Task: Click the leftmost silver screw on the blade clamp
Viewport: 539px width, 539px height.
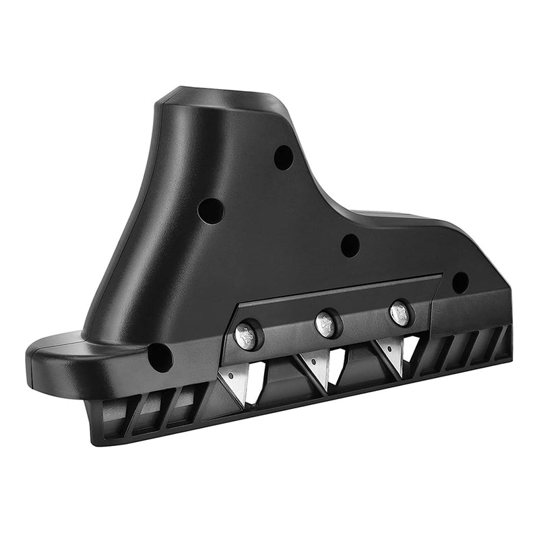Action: tap(245, 336)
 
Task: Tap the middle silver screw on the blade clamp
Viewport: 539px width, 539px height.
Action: tap(327, 324)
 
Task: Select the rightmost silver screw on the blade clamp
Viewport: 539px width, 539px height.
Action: tap(400, 313)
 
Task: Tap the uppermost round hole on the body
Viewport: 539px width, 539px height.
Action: tap(284, 157)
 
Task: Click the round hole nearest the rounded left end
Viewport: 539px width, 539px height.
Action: tap(160, 357)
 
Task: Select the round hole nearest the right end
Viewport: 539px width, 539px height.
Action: tap(460, 282)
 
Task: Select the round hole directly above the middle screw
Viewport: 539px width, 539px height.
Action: tap(350, 245)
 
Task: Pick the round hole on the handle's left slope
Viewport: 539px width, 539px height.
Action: tap(210, 211)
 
